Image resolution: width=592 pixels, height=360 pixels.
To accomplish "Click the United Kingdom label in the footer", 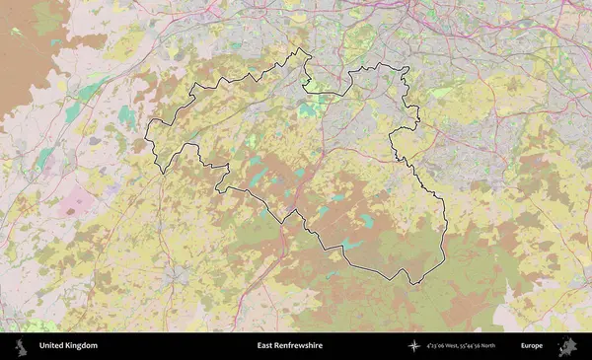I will click(68, 346).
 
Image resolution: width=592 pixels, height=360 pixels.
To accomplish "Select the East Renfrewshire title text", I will click(290, 346).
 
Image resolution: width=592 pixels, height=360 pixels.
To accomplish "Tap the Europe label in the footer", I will click(532, 346).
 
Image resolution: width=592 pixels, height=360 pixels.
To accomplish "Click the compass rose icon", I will click(415, 346).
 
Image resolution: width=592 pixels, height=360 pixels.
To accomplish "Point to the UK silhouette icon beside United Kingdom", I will click(21, 346).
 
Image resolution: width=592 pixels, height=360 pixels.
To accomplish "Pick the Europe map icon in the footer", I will click(567, 346).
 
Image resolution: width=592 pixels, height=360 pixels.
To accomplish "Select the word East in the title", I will click(264, 346).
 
